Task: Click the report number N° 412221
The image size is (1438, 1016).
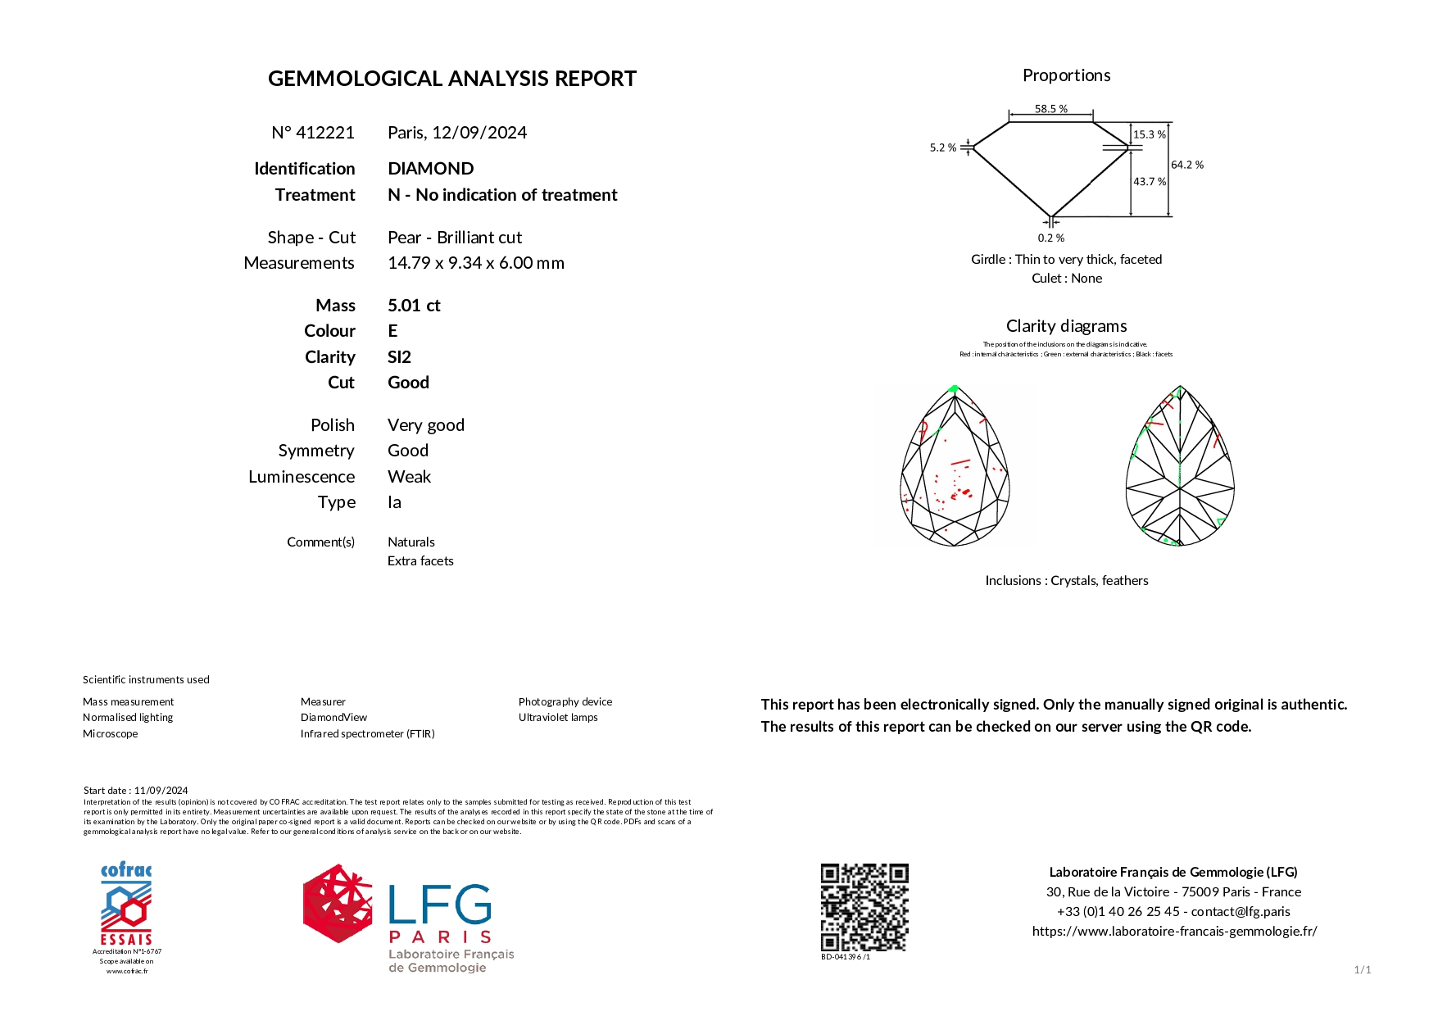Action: [313, 133]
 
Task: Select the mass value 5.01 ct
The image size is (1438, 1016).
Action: [414, 306]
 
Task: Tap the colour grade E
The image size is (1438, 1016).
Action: [392, 331]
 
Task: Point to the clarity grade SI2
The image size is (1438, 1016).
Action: [399, 357]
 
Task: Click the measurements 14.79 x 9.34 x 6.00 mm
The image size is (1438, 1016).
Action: [475, 263]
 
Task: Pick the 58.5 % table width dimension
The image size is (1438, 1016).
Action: [1050, 109]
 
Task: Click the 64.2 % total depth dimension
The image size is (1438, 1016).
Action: [1186, 165]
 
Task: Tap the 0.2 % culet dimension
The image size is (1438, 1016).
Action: [1050, 238]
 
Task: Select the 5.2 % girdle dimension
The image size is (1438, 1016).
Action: [942, 148]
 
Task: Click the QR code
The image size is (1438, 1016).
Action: [864, 907]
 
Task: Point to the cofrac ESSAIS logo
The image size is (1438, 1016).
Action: [126, 905]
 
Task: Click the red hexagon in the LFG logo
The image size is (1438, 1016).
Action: [337, 903]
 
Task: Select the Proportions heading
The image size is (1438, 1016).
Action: [1066, 75]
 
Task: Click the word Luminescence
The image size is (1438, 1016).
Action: [302, 477]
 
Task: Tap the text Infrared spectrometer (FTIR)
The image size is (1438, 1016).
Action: [367, 734]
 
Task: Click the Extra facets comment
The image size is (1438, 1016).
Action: [420, 561]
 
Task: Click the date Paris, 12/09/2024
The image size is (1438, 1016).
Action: [457, 133]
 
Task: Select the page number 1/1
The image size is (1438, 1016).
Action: [1362, 970]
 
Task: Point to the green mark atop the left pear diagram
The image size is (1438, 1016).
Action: [954, 389]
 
